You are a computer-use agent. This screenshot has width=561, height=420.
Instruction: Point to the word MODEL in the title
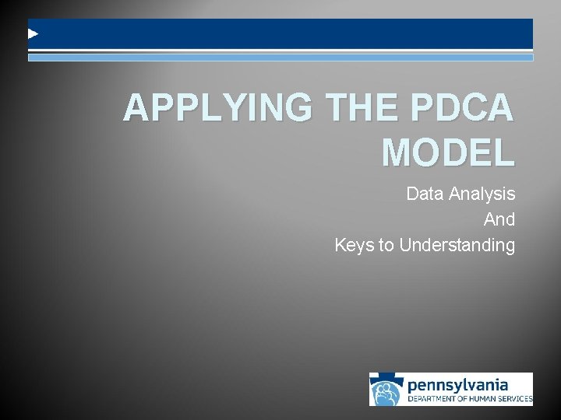click(448, 153)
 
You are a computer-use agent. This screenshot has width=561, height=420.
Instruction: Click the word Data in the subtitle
click(425, 194)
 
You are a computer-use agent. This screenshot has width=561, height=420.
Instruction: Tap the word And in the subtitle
click(499, 220)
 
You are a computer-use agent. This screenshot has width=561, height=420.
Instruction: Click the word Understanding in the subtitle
click(457, 246)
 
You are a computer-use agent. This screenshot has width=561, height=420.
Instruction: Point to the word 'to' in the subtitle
click(386, 246)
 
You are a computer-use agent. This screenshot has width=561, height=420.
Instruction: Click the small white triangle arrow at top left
click(33, 34)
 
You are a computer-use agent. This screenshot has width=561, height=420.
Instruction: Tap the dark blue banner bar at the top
click(280, 34)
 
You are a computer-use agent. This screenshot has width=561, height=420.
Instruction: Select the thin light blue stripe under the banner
click(280, 58)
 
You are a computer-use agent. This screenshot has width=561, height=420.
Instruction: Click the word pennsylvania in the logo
click(458, 385)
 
